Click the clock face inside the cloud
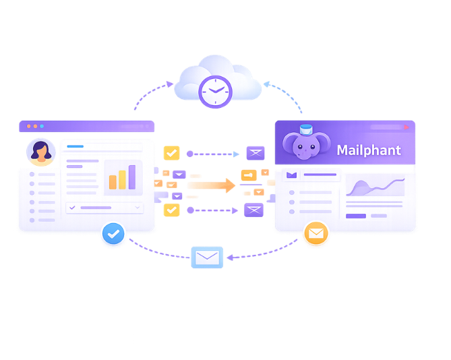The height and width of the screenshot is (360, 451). click(215, 91)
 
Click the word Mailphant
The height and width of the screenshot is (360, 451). click(368, 150)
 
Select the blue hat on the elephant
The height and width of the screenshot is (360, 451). click(307, 129)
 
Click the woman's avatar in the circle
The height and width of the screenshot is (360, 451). click(40, 152)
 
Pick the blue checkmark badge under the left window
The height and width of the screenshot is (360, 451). click(113, 234)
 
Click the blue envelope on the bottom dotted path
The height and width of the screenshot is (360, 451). click(207, 258)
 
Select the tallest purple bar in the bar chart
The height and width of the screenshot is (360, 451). click(132, 177)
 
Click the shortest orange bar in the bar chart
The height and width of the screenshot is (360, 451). click(112, 182)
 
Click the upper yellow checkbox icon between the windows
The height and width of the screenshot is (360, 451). click(171, 153)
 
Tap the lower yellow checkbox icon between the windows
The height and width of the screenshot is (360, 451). click(171, 210)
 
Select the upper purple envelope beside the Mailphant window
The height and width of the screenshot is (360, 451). click(255, 153)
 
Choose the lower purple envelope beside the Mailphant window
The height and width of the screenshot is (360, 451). click(253, 210)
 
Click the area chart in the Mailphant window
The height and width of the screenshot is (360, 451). click(375, 188)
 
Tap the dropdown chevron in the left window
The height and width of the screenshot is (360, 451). click(138, 208)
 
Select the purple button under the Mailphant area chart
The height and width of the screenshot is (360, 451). click(355, 216)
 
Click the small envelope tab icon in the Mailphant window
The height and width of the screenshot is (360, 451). click(291, 175)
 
